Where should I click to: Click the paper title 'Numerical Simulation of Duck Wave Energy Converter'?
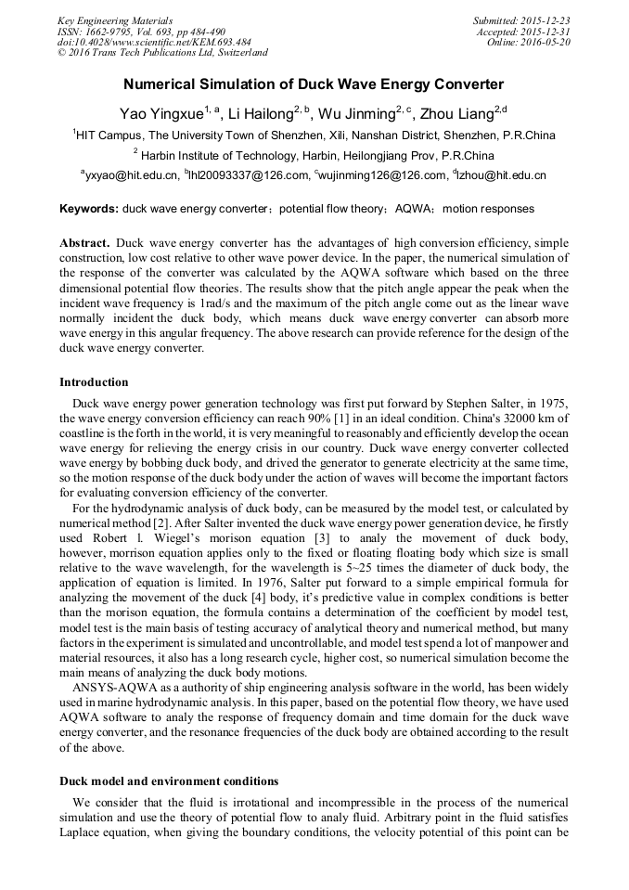314,84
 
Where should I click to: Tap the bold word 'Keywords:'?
89,210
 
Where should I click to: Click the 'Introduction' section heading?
94,382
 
